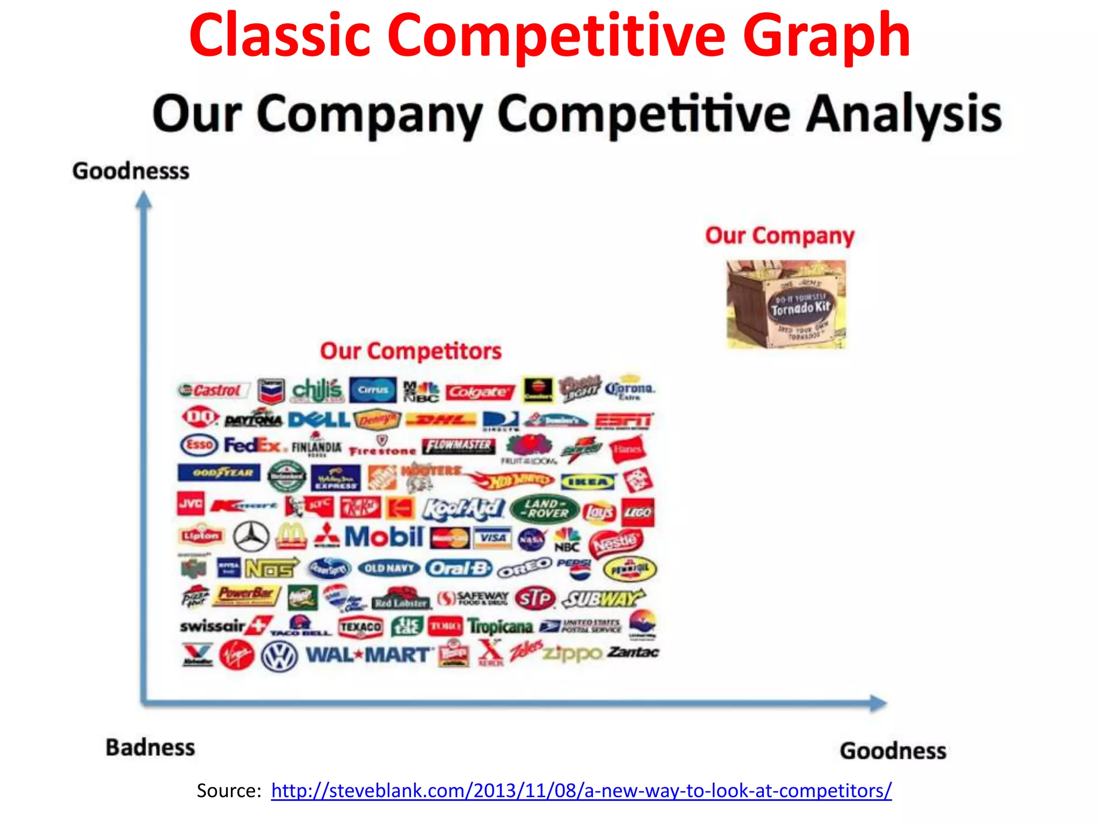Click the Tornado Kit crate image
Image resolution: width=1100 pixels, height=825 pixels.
click(x=786, y=304)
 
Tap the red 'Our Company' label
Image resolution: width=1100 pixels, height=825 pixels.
click(x=779, y=235)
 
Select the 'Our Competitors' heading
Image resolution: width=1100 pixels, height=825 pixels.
click(x=411, y=351)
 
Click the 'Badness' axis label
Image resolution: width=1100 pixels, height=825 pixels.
click(x=150, y=748)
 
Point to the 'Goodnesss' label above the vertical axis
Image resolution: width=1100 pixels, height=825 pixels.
click(x=131, y=171)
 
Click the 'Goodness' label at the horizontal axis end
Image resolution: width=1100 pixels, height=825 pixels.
click(x=893, y=751)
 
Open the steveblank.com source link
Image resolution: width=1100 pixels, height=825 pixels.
click(x=581, y=791)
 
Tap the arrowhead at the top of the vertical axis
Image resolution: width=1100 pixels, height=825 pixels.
click(x=143, y=201)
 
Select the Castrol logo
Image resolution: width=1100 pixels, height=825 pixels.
click(x=214, y=390)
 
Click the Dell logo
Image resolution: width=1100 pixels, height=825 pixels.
click(x=319, y=419)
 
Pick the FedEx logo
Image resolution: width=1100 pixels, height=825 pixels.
click(x=252, y=445)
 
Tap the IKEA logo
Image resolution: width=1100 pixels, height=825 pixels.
click(x=588, y=482)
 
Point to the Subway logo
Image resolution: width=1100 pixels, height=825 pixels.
click(x=603, y=598)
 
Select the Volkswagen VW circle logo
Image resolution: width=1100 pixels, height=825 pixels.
click(x=279, y=656)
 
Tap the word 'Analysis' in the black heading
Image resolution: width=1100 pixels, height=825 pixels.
click(x=903, y=114)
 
